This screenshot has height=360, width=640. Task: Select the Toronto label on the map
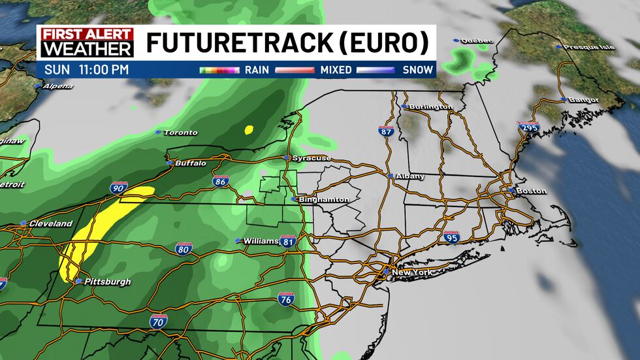click(180, 133)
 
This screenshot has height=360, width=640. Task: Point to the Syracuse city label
click(312, 158)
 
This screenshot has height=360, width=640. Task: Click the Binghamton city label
click(324, 199)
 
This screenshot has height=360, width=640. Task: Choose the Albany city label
click(410, 176)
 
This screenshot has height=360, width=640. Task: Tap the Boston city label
click(530, 191)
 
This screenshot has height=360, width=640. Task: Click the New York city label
click(410, 271)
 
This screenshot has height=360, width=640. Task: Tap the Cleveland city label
click(50, 223)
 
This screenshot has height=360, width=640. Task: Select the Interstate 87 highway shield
click(387, 131)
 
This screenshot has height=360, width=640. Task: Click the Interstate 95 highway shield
click(451, 237)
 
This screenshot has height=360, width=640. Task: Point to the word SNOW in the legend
click(419, 69)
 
